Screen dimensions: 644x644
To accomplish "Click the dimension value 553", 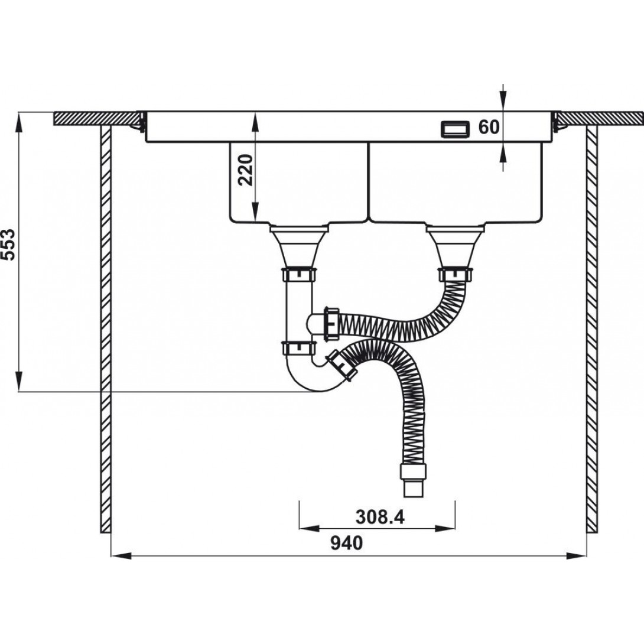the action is pyautogui.click(x=9, y=245).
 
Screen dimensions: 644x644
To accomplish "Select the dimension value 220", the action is pyautogui.click(x=246, y=170).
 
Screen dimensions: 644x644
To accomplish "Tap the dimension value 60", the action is pyautogui.click(x=489, y=127).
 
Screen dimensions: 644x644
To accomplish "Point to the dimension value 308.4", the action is pyautogui.click(x=380, y=517).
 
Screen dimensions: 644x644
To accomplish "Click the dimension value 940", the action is pyautogui.click(x=347, y=543).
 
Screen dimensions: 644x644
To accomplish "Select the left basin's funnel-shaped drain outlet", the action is pyautogui.click(x=298, y=246).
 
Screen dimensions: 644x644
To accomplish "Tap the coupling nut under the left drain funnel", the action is pyautogui.click(x=299, y=275).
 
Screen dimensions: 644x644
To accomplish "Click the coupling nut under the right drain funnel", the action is pyautogui.click(x=456, y=275).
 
